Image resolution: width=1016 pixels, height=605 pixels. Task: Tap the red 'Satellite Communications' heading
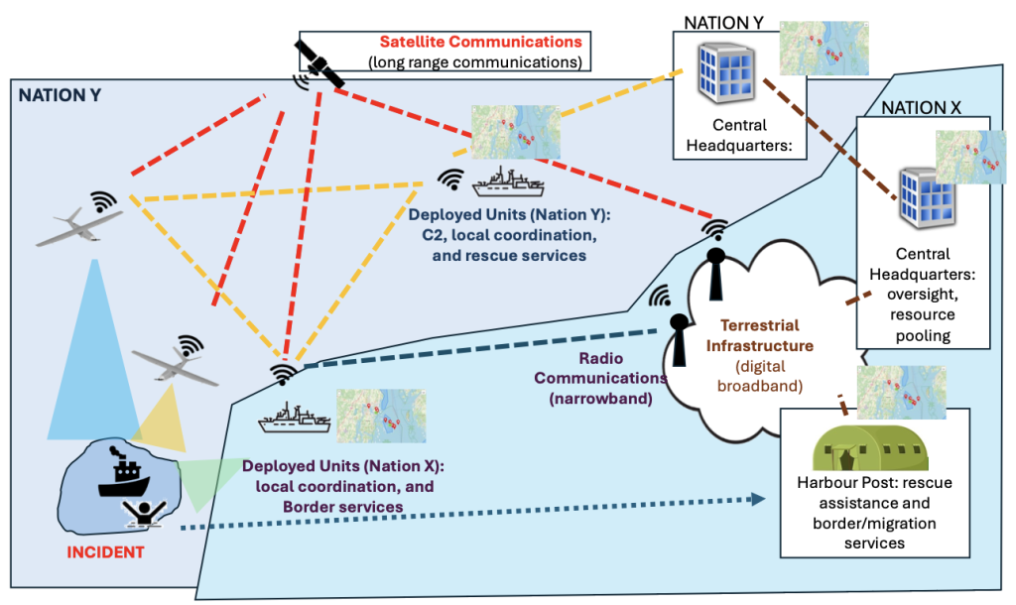tap(480, 43)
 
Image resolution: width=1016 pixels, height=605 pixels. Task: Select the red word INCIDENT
tap(105, 551)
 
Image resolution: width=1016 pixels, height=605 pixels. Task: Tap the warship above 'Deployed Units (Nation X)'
tap(296, 420)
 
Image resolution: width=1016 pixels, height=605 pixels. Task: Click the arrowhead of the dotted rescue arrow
tap(769, 501)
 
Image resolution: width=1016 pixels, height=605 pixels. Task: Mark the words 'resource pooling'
tap(922, 326)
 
